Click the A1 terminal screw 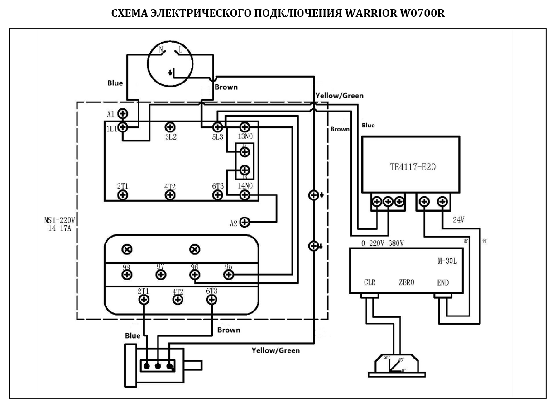click(x=123, y=113)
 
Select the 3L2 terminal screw click(x=170, y=127)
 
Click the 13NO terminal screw click(x=245, y=127)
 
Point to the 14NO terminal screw click(x=245, y=195)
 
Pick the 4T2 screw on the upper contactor click(x=170, y=195)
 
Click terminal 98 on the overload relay click(x=127, y=274)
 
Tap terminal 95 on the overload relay click(x=228, y=274)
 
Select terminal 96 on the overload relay click(x=195, y=274)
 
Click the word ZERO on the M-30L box click(x=406, y=282)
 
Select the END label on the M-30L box click(x=443, y=282)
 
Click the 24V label click(x=458, y=220)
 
